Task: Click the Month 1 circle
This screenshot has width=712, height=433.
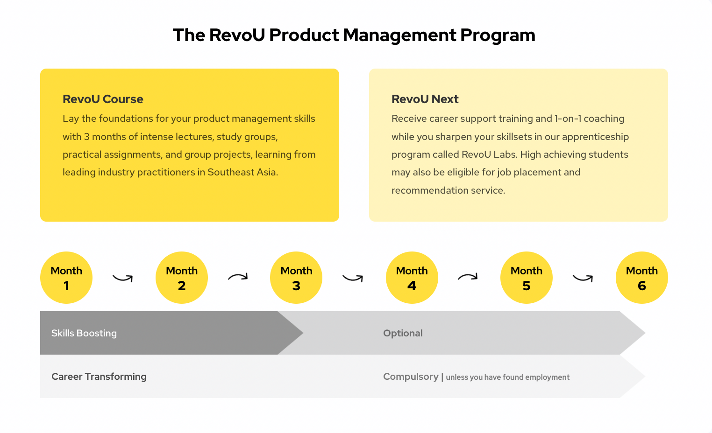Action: (66, 278)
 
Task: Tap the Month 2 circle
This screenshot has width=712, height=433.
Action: (181, 278)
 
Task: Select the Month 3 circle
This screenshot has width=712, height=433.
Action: (296, 278)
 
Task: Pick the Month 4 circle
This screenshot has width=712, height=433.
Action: (412, 278)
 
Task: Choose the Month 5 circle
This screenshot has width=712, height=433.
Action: (527, 278)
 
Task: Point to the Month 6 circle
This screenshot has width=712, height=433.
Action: (642, 278)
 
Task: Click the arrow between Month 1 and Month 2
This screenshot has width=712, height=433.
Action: (122, 279)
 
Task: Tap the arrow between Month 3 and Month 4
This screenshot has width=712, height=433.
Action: (352, 279)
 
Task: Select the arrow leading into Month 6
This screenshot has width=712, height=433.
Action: (582, 279)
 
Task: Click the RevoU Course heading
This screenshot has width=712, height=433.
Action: (103, 99)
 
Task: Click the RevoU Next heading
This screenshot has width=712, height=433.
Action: (425, 99)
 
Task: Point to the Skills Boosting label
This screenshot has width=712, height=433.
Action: (84, 333)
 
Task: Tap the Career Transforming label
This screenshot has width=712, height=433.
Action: (99, 377)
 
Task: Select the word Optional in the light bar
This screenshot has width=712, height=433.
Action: (403, 333)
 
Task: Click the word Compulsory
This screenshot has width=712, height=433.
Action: (411, 377)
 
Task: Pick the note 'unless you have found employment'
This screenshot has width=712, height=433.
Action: (508, 377)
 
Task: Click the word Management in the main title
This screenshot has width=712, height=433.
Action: (399, 35)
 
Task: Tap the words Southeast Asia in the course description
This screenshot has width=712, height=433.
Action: (242, 172)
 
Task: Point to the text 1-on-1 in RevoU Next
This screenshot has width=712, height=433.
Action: (568, 119)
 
